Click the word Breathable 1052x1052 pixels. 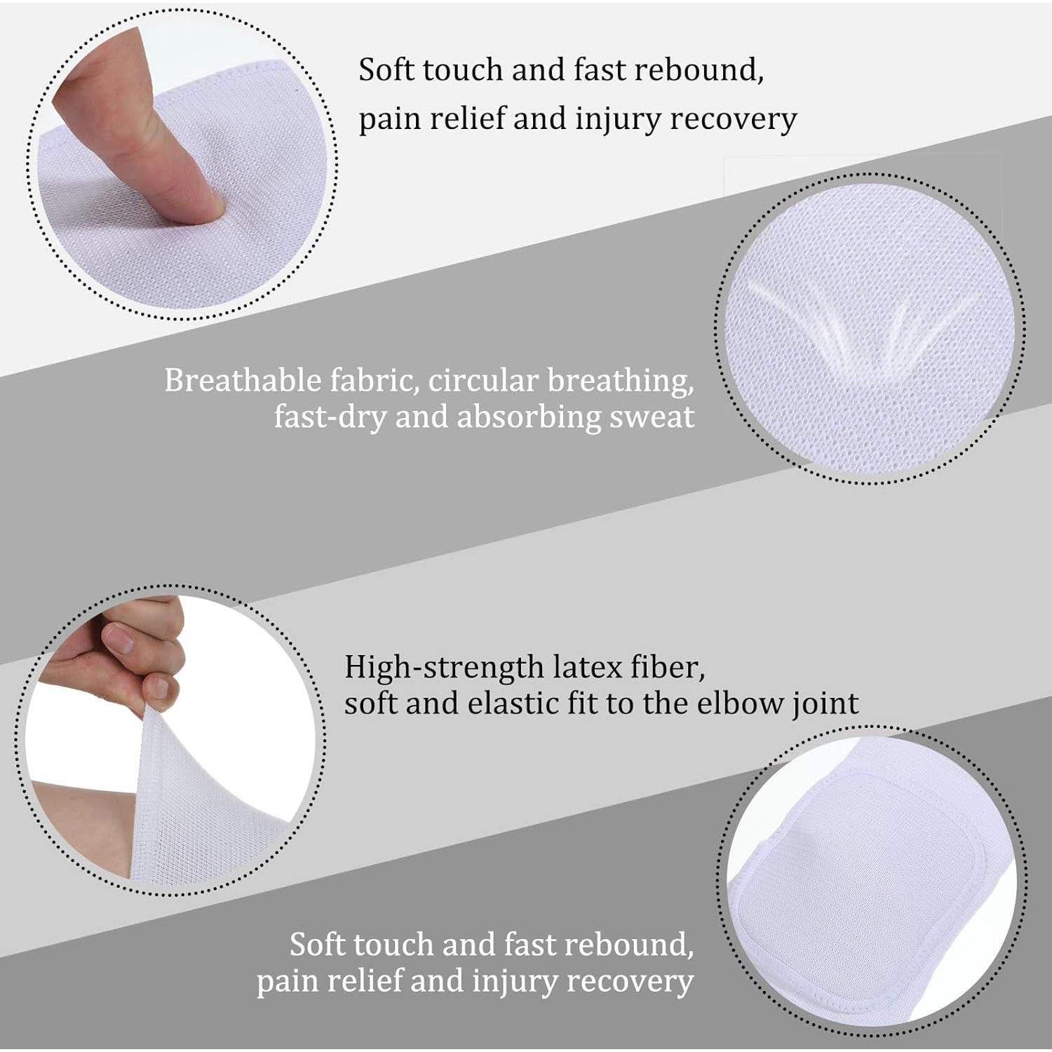coord(243,381)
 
